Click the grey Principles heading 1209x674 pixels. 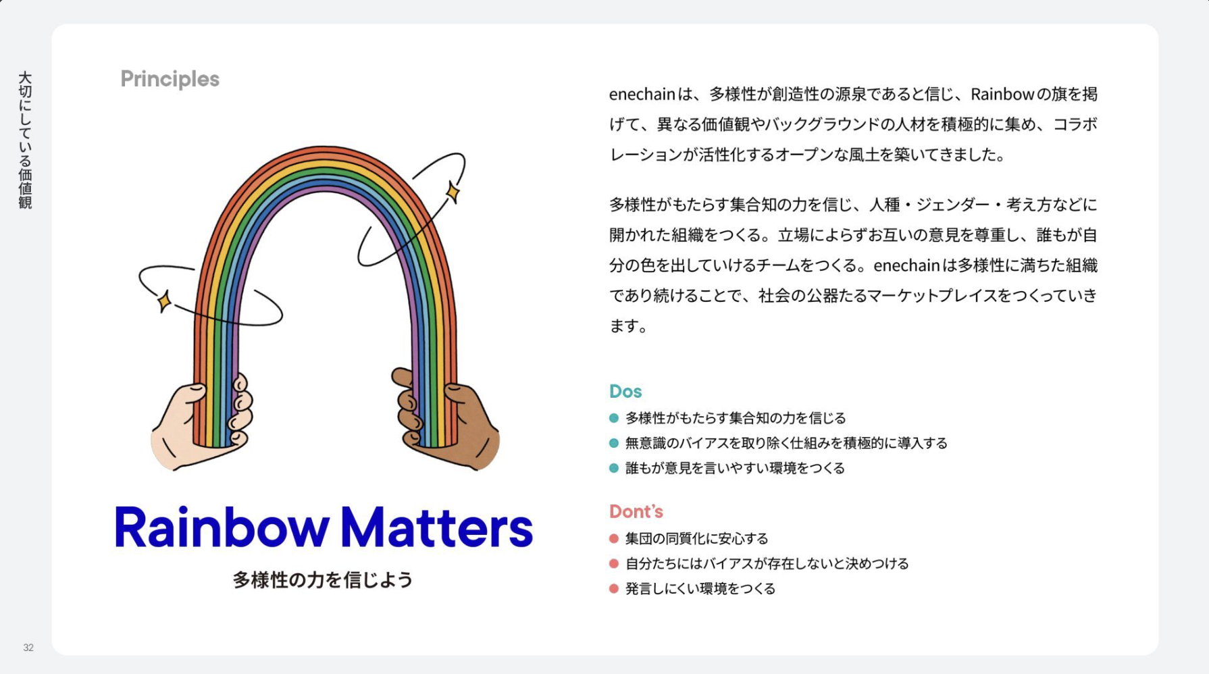(x=170, y=80)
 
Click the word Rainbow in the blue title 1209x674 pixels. (x=222, y=527)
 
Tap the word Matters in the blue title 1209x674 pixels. (x=437, y=527)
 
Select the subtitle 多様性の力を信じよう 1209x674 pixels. (x=323, y=579)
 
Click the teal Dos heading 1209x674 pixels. (x=625, y=391)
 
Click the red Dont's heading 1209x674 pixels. (x=636, y=511)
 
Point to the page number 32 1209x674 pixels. (x=28, y=647)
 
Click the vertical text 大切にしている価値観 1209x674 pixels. (x=25, y=140)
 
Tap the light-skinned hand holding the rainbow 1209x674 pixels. (x=201, y=424)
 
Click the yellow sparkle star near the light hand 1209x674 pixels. (x=164, y=301)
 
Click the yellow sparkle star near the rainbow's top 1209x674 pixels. (x=453, y=192)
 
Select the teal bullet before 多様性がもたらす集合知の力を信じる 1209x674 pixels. (x=614, y=418)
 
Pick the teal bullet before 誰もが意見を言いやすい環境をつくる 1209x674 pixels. (x=614, y=468)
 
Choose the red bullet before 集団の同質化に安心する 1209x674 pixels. (x=614, y=538)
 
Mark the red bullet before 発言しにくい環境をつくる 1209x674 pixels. (x=614, y=588)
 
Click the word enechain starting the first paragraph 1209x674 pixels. (x=642, y=94)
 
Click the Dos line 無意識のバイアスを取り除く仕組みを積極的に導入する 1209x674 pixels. (x=786, y=443)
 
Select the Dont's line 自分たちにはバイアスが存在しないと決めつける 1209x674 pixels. (x=767, y=563)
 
